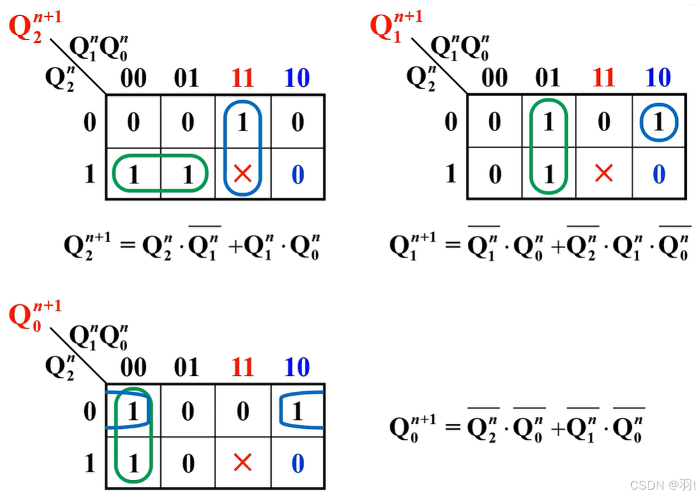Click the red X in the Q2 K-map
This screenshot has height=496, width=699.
click(x=242, y=173)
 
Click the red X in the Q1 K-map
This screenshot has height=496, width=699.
click(x=604, y=173)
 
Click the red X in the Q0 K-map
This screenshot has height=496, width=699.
click(x=242, y=463)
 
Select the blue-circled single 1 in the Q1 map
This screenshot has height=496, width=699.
click(x=658, y=121)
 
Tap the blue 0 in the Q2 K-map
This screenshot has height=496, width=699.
click(x=298, y=174)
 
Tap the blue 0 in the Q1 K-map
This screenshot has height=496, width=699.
click(x=659, y=174)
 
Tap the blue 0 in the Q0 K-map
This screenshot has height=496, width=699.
click(x=298, y=463)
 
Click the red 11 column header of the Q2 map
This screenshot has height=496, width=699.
click(x=242, y=79)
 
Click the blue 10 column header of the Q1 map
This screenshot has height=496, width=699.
click(x=658, y=79)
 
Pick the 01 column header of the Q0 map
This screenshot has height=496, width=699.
click(x=187, y=368)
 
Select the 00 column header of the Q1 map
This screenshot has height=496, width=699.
click(x=495, y=79)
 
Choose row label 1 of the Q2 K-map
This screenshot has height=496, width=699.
click(x=90, y=174)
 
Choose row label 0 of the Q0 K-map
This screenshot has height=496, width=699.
click(x=90, y=411)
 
